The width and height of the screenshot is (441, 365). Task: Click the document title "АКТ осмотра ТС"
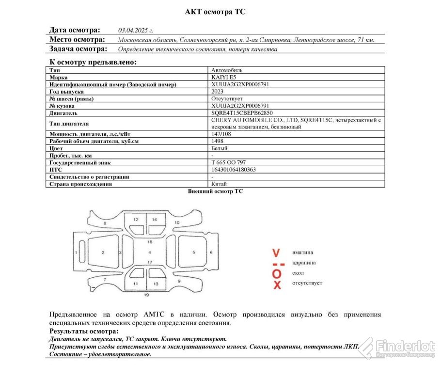pos(215,12)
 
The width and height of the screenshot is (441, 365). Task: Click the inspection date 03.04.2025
pos(136,30)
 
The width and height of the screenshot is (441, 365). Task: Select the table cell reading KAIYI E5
pos(224,77)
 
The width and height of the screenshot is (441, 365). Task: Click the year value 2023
pos(218,91)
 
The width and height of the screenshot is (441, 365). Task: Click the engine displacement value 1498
pos(218,141)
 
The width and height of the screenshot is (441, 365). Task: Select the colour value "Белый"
pos(220,148)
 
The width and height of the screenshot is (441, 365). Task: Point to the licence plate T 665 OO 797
pos(229,162)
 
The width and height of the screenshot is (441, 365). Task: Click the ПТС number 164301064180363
pos(234,170)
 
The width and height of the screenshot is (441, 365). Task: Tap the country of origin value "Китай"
pos(220,184)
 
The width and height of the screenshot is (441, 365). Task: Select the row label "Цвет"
pos(56,148)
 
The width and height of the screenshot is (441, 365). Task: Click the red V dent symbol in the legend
pos(276,253)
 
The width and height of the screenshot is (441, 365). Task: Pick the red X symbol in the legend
pos(277,285)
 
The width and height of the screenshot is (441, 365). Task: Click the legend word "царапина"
pos(304,263)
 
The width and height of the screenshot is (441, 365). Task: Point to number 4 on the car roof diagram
pos(150,253)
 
